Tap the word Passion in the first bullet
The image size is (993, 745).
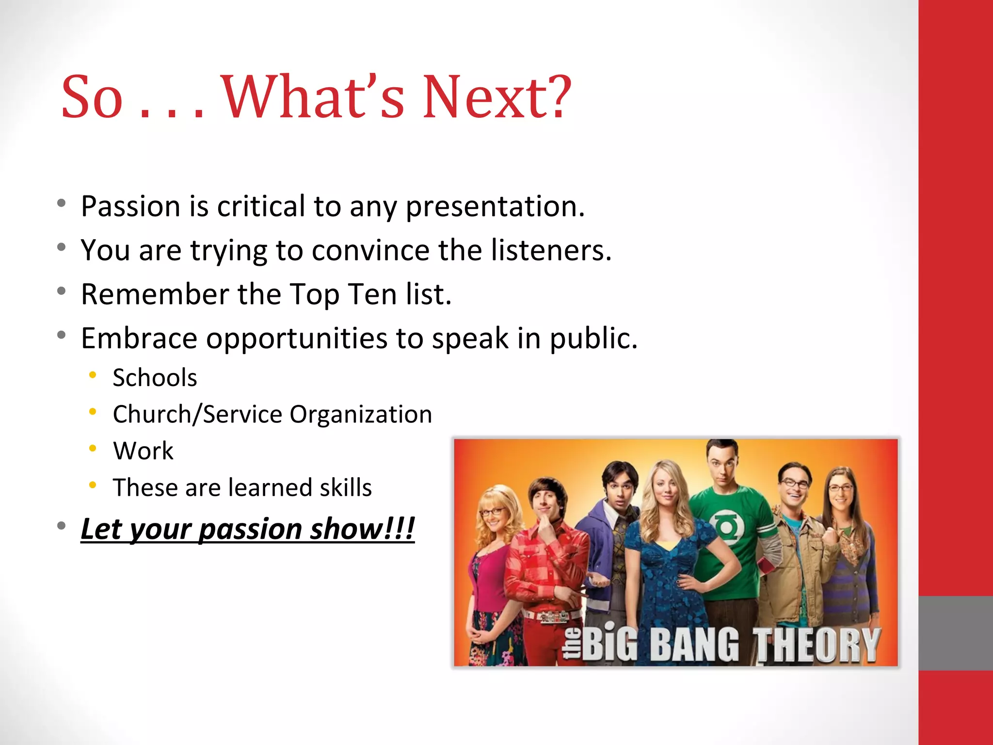coord(131,207)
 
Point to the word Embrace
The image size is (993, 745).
coord(139,338)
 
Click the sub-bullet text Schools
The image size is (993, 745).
coord(155,378)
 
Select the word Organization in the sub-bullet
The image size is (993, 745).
coord(360,415)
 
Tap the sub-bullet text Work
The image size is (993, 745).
coord(143,451)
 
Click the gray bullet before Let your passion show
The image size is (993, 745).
coord(61,525)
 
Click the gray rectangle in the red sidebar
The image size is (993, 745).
coord(955,633)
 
